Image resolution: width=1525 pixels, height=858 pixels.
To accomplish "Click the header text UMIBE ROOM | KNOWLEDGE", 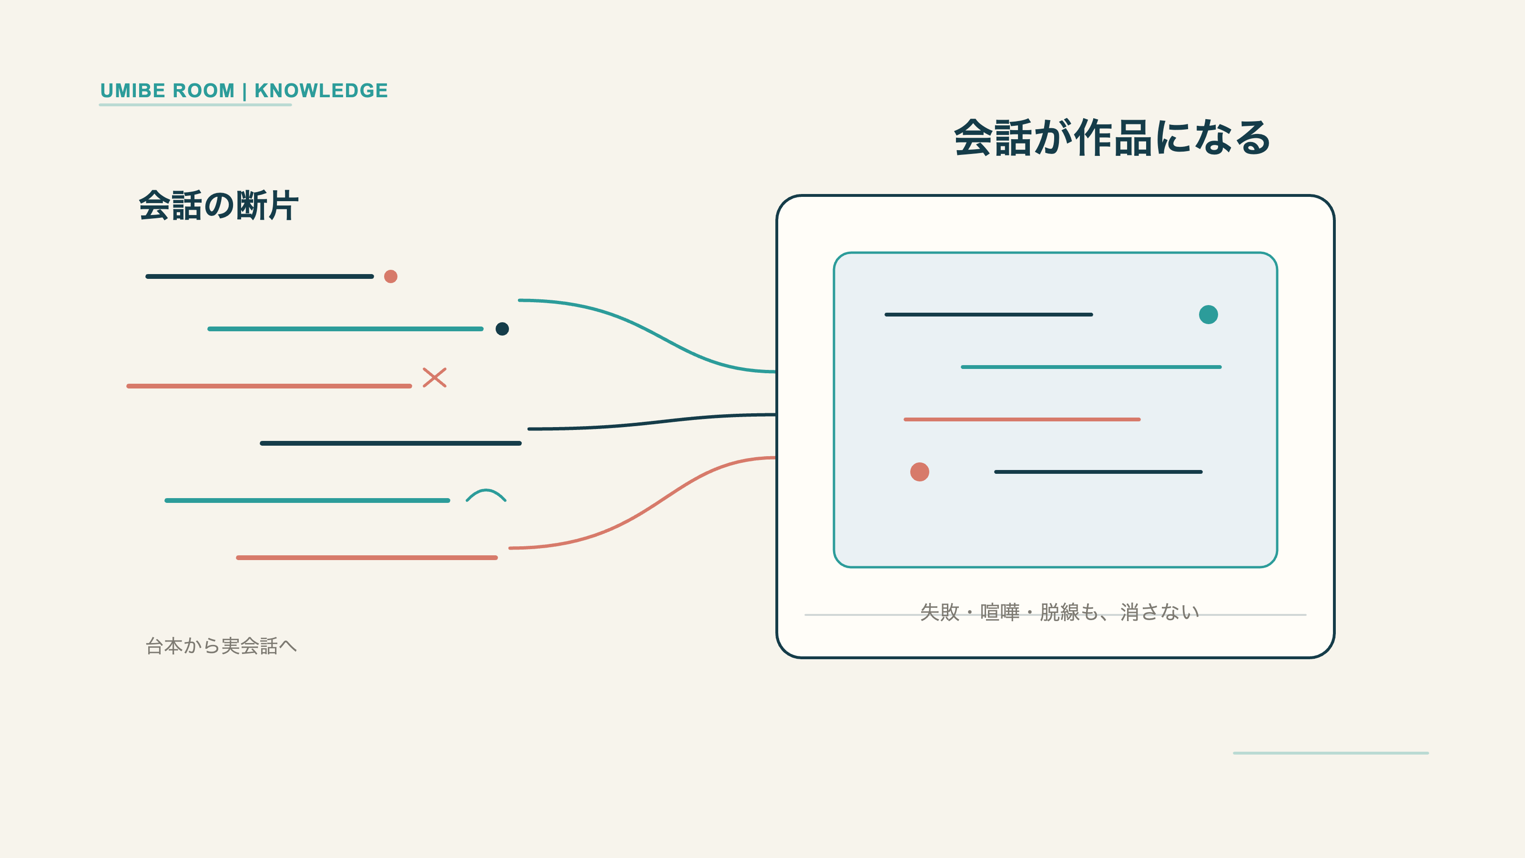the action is (244, 91).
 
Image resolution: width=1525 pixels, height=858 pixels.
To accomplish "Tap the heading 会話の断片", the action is (218, 205).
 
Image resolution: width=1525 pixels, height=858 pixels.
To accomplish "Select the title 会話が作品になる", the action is (1112, 138).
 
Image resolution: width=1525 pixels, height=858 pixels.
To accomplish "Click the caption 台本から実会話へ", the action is (221, 645).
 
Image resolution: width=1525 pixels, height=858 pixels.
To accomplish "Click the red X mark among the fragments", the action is (435, 377).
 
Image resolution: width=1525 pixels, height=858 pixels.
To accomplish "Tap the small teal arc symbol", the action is (486, 494).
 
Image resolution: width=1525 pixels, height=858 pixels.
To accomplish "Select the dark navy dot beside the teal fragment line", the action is (502, 328).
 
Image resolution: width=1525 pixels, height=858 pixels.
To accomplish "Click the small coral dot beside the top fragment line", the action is (391, 276).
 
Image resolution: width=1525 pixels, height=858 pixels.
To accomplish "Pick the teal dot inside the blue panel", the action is (1208, 315).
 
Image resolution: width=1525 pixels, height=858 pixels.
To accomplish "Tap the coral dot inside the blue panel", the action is (919, 472).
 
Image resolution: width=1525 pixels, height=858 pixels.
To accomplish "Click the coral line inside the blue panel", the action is (1022, 419).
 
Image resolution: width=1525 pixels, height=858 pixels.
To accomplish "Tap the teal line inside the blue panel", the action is (1091, 367).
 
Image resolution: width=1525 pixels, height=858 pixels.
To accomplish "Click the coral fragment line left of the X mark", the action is (269, 386).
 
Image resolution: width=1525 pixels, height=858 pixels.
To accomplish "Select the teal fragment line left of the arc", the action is (307, 500).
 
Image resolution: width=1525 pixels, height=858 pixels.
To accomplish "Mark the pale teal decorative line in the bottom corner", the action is (1331, 753).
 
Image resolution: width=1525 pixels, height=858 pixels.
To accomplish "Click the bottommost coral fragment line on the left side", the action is (367, 558).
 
